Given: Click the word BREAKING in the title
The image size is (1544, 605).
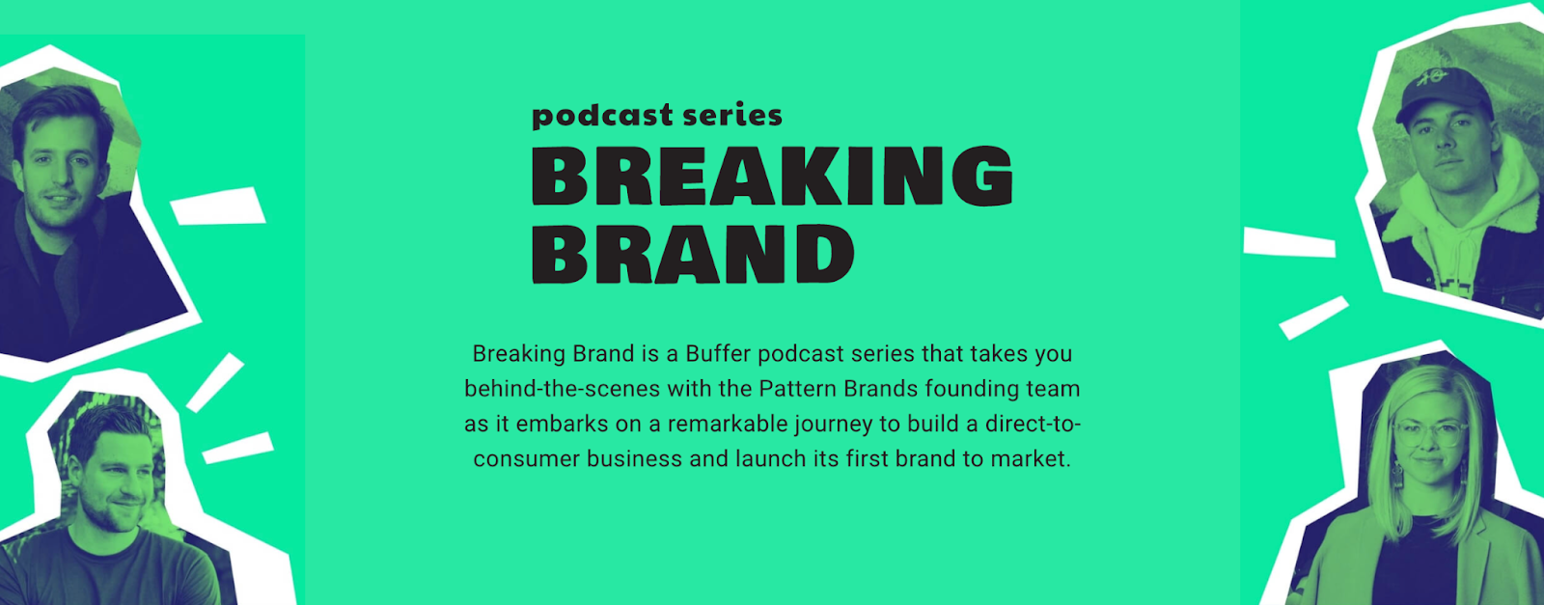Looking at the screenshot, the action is click(x=772, y=176).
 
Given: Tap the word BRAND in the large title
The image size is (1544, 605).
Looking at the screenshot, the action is click(x=694, y=255).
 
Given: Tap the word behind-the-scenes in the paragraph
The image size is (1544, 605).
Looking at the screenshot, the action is click(x=563, y=389).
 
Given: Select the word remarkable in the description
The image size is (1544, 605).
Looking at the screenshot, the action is click(x=728, y=424).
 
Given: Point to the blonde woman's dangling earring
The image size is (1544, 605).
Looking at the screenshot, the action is click(x=1397, y=476).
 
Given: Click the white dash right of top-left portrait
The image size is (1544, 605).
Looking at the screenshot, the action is click(x=218, y=206).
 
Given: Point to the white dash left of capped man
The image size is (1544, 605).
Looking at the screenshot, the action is click(x=1289, y=242).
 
